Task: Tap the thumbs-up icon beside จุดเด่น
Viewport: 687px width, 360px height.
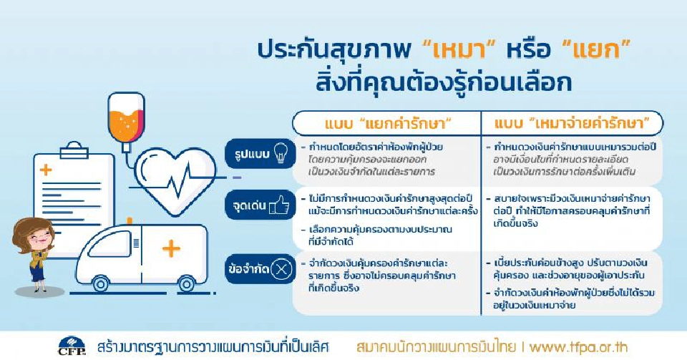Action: (x=280, y=208)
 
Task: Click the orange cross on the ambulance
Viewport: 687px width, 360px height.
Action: (x=171, y=248)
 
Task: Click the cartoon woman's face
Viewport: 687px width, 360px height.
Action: (x=29, y=235)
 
